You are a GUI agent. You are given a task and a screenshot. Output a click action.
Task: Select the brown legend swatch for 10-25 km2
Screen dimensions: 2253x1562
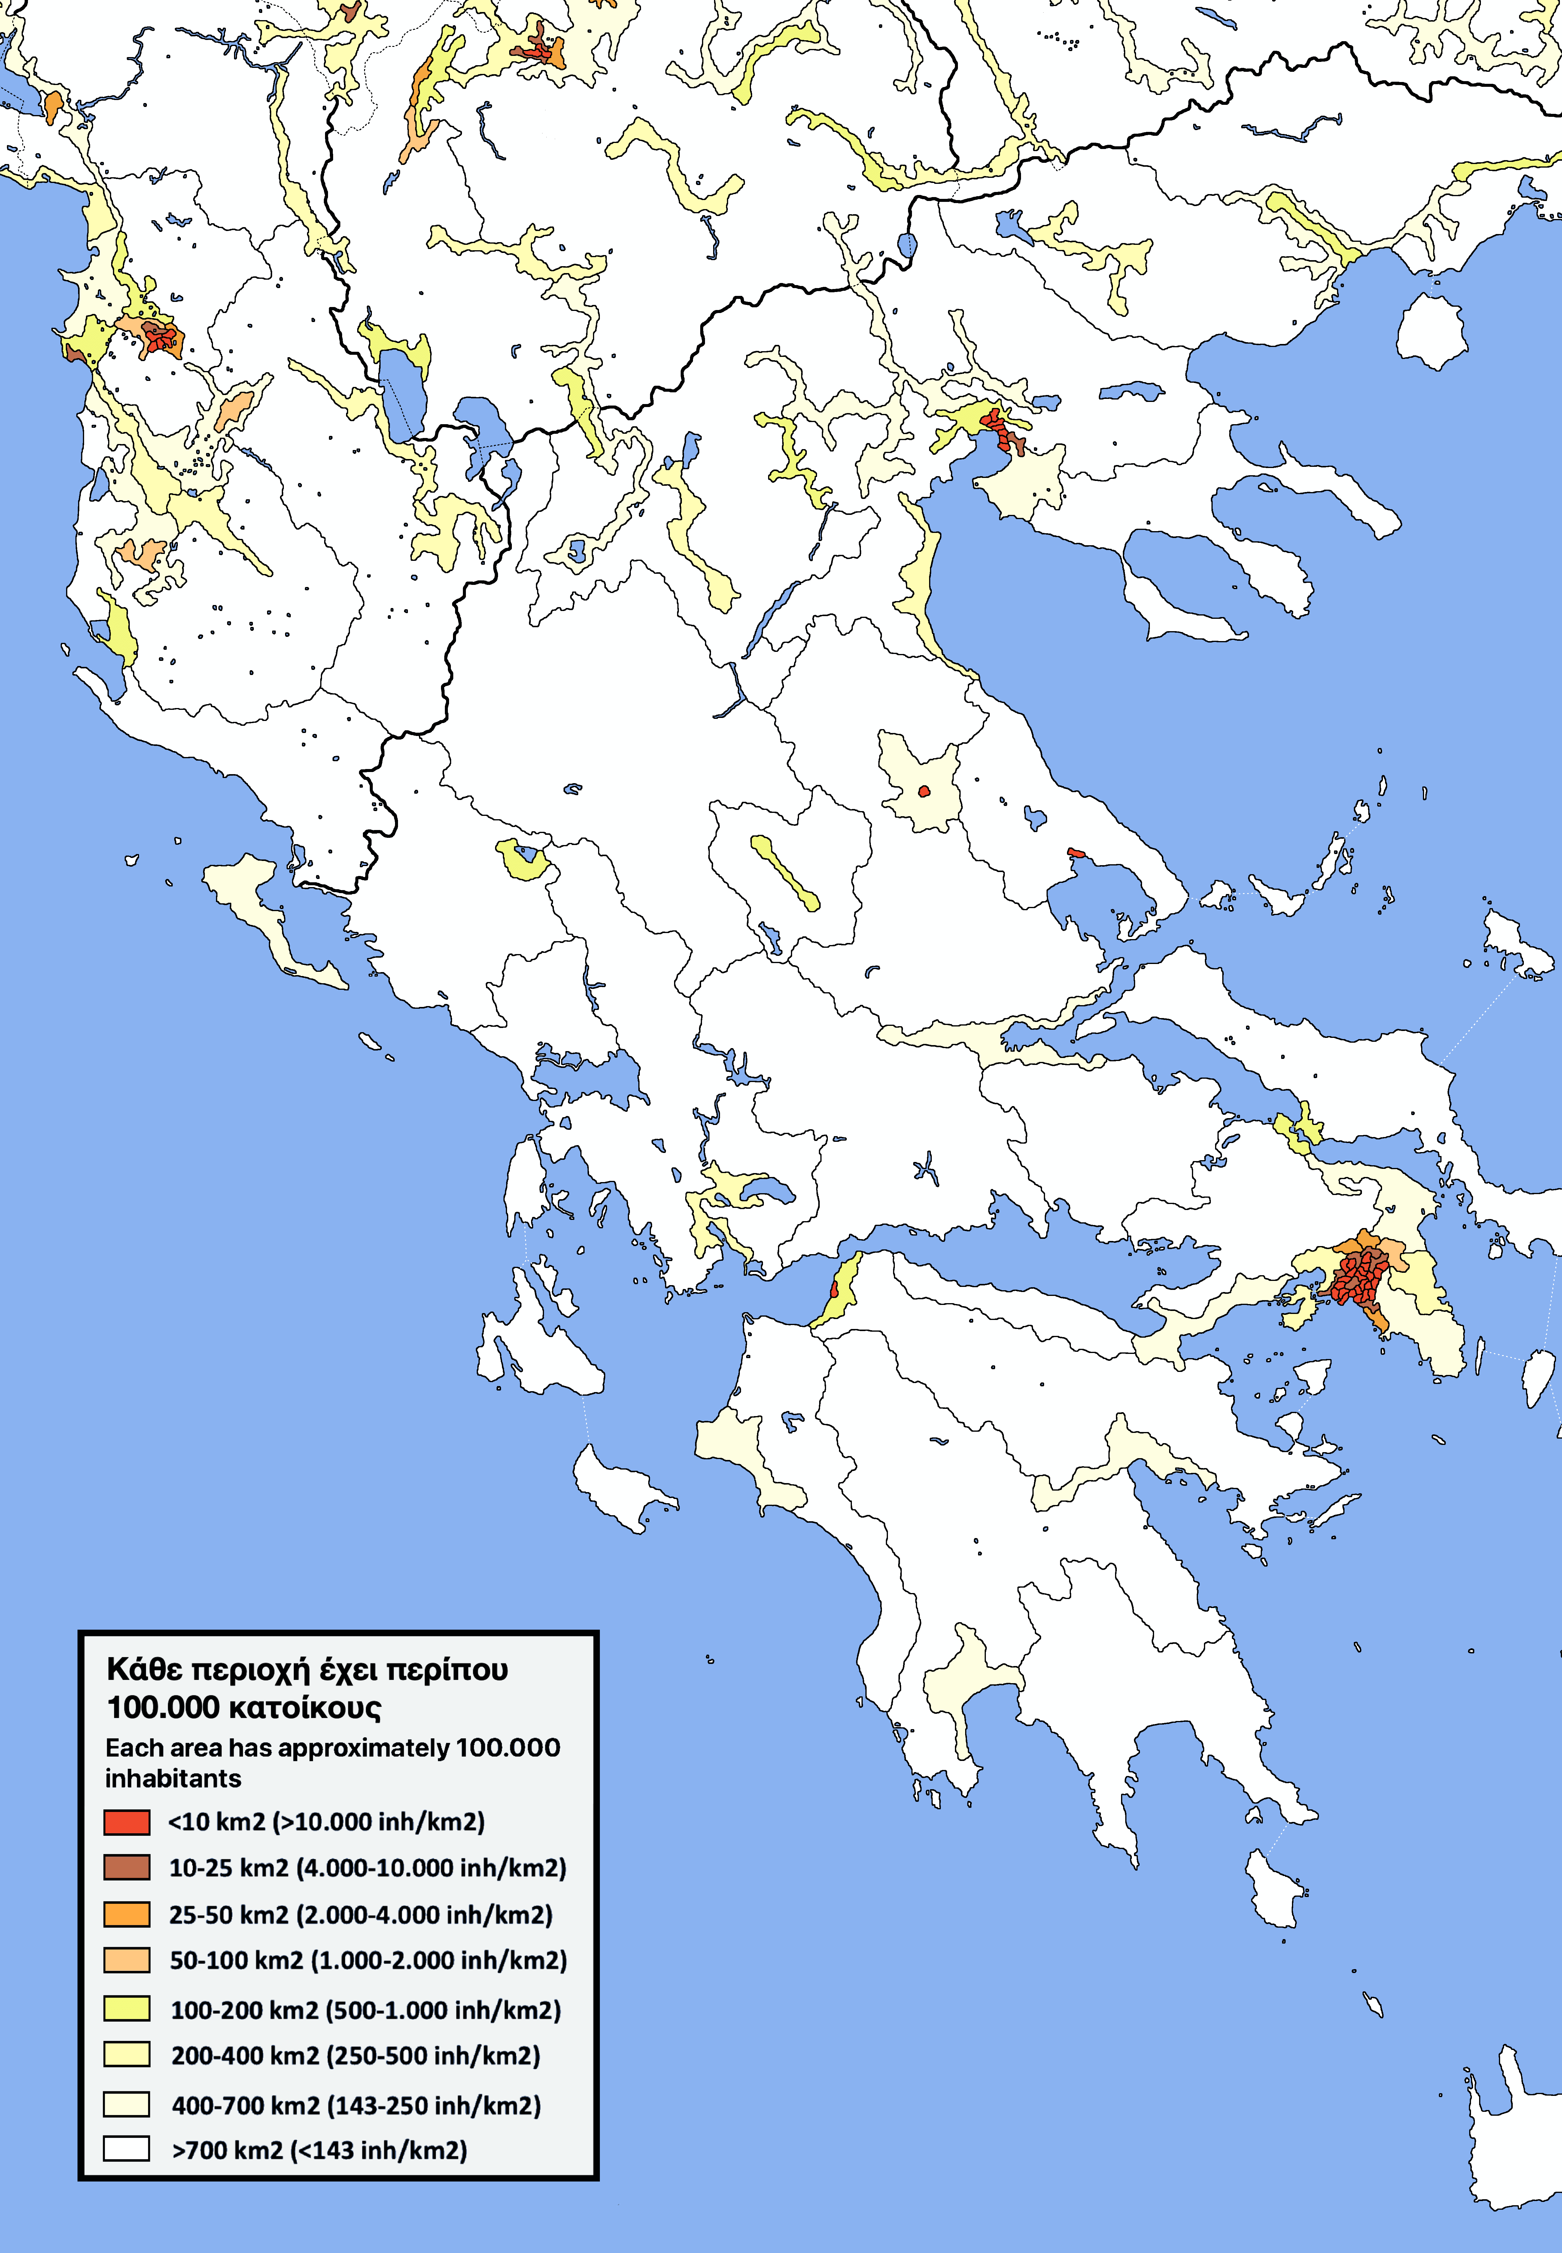click(x=126, y=1867)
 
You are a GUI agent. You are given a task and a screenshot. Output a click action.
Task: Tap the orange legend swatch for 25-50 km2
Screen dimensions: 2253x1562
click(x=126, y=1914)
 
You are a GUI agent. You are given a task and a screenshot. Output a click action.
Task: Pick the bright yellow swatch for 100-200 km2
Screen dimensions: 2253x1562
click(x=126, y=2008)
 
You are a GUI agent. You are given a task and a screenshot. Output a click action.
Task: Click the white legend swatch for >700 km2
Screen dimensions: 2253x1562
click(x=126, y=2149)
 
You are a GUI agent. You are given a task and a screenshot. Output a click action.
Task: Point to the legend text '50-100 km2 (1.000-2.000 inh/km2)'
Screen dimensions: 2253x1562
click(x=368, y=1960)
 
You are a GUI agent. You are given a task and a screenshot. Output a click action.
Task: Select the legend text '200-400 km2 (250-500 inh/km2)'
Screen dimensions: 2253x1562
click(x=355, y=2055)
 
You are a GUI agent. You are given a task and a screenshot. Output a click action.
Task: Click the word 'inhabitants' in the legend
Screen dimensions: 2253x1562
click(x=173, y=1778)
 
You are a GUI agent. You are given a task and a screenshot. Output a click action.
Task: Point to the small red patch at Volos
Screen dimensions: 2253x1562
click(x=1076, y=853)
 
